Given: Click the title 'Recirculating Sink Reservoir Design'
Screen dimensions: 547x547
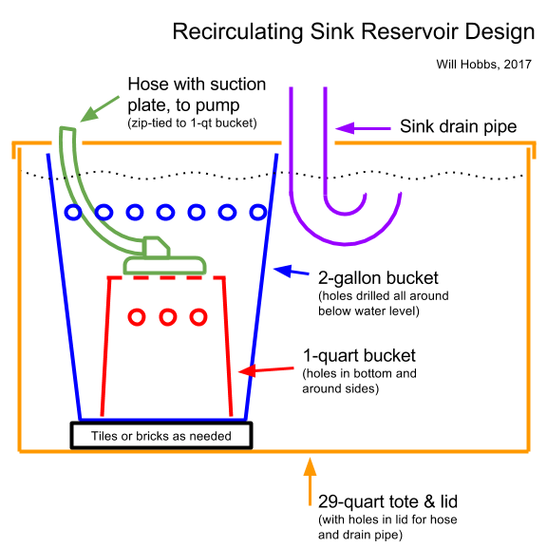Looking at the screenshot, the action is tap(353, 31).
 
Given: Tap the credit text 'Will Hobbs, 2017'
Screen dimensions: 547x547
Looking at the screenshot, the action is tap(483, 65).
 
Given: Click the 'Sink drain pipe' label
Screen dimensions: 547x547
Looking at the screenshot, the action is tap(458, 126).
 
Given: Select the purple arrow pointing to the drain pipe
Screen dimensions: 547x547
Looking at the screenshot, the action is tap(363, 128).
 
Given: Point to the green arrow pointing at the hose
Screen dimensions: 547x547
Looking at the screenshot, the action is tap(100, 109).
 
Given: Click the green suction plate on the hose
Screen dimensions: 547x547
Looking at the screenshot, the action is tap(164, 265).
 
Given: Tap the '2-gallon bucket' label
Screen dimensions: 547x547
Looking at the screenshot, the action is tap(378, 278).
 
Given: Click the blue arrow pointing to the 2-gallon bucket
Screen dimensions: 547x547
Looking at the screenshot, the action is tap(291, 271).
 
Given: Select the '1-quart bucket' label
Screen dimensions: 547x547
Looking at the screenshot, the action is tap(359, 355).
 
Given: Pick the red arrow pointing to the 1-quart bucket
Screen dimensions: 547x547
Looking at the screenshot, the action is tap(266, 370).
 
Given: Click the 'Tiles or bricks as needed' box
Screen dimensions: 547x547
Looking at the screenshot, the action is tap(161, 435).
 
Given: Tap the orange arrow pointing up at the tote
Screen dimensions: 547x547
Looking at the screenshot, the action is tap(310, 481).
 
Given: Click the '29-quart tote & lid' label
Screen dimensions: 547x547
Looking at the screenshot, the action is tap(387, 501).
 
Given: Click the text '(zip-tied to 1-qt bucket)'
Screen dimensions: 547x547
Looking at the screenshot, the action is tap(192, 123).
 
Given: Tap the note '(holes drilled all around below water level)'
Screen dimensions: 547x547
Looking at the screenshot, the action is tap(383, 304).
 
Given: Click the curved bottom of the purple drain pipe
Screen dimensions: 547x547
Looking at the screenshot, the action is tap(346, 243).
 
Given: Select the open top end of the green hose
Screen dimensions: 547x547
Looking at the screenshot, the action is tap(67, 129).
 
